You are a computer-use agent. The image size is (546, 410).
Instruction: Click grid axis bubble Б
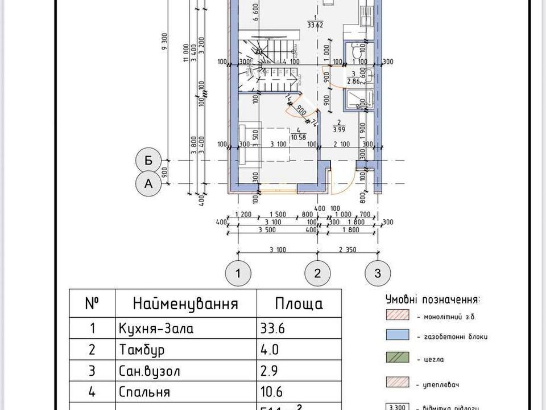[x=148, y=161]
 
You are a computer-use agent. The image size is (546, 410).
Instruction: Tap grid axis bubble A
[x=148, y=184]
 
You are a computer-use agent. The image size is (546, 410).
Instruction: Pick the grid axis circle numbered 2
[x=317, y=273]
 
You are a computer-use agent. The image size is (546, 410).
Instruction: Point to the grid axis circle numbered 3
[x=378, y=273]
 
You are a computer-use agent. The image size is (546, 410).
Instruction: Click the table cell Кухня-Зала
[x=156, y=329]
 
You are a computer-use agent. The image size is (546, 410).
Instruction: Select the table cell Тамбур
[x=139, y=350]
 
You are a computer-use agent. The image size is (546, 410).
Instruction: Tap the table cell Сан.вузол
[x=150, y=371]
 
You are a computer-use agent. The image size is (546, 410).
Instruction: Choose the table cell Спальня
[x=144, y=392]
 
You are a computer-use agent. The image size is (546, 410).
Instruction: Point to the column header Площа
[x=299, y=304]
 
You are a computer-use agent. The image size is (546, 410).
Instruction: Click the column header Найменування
[x=185, y=304]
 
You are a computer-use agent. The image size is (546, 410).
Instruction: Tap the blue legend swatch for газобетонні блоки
[x=398, y=336]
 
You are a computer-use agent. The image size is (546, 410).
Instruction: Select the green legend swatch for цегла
[x=398, y=359]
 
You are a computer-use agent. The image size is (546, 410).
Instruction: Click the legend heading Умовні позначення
[x=432, y=300]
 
